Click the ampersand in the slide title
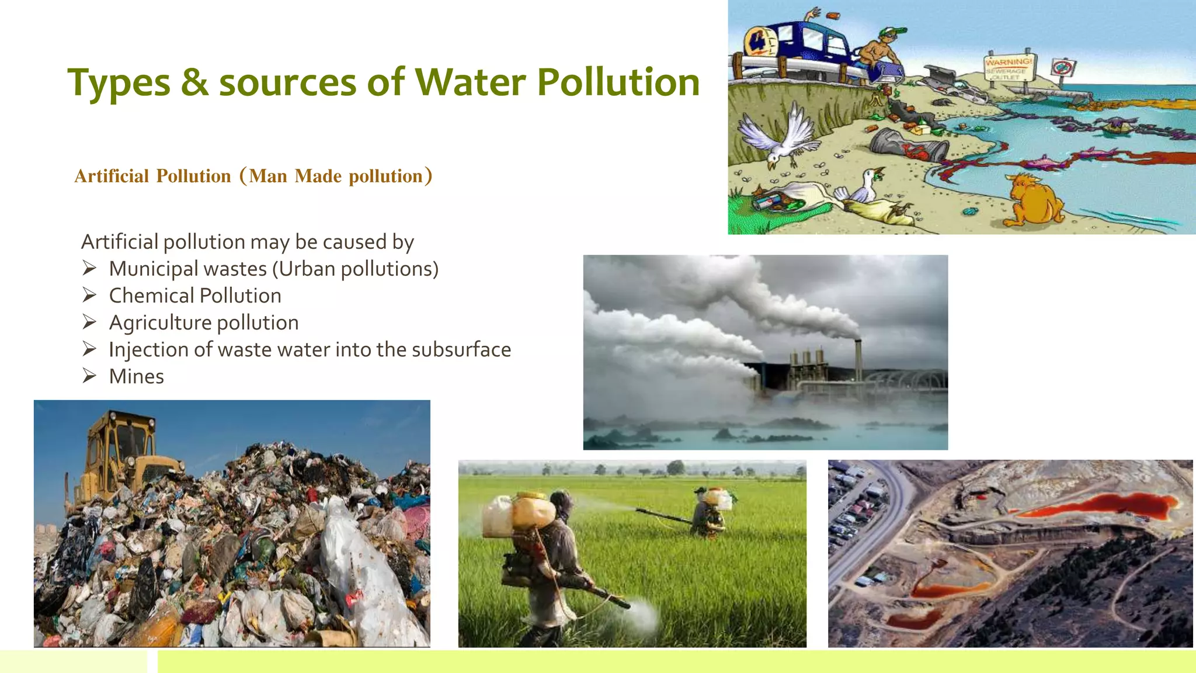[194, 82]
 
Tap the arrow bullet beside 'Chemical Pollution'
[89, 296]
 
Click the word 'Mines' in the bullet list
[137, 377]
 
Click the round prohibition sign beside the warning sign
[1063, 67]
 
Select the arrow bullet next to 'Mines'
[89, 376]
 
